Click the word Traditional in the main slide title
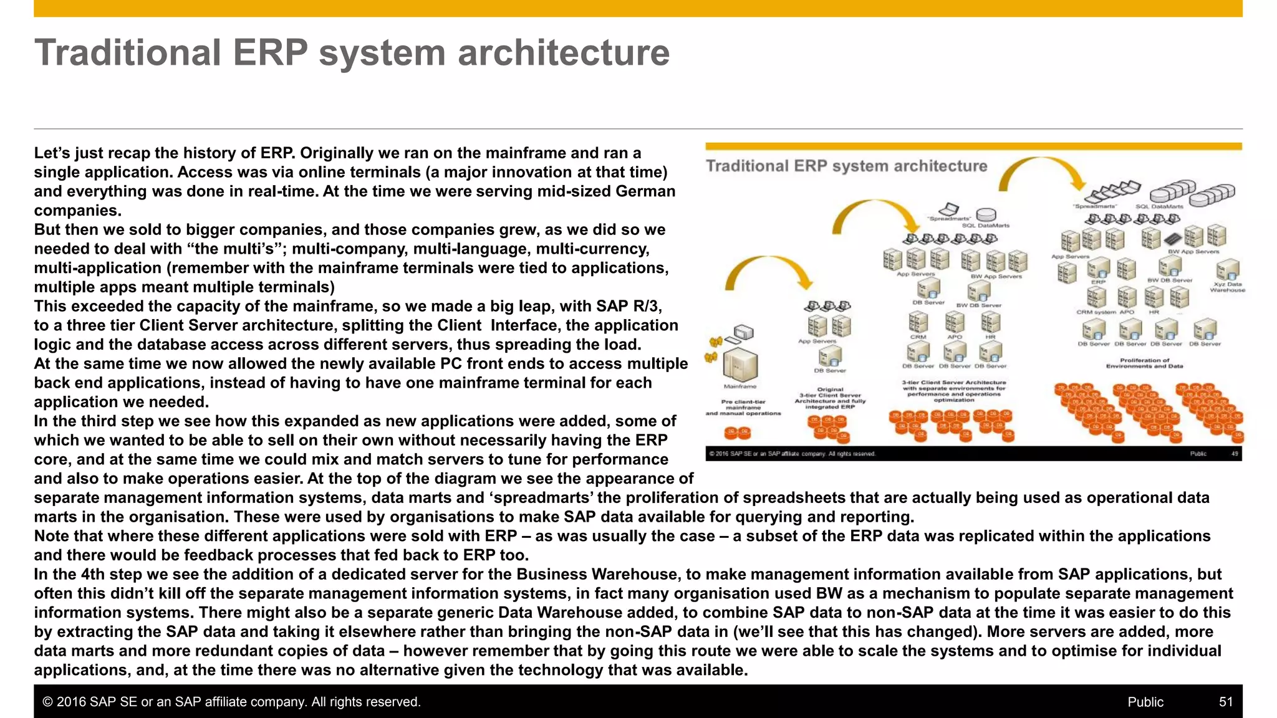(x=128, y=52)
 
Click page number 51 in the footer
(x=1225, y=702)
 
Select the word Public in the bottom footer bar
(x=1145, y=702)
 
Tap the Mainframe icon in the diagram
(x=740, y=364)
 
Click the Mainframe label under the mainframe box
(x=740, y=386)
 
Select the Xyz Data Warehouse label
(x=1227, y=287)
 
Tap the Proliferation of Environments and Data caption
(x=1144, y=363)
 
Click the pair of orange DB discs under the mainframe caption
(x=737, y=433)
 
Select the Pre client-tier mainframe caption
(x=743, y=407)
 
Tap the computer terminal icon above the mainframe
(x=743, y=332)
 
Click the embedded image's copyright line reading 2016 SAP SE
(x=792, y=454)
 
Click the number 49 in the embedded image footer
(x=1234, y=454)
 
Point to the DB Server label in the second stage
(x=830, y=370)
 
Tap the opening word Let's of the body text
(x=51, y=153)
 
